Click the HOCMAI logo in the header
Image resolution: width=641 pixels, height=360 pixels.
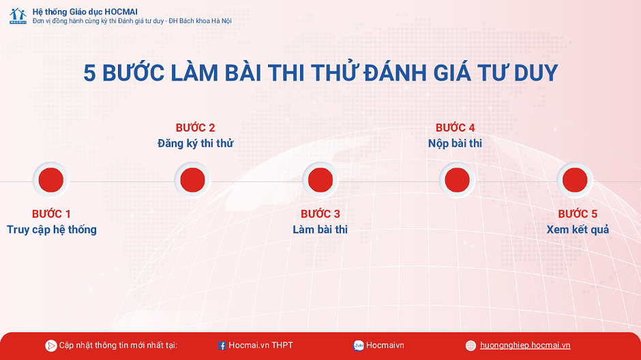[18, 16]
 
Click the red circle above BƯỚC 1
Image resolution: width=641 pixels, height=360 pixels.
[50, 180]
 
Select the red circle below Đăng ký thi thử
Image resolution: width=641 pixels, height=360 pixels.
[192, 180]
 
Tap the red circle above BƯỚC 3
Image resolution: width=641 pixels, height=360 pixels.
[320, 180]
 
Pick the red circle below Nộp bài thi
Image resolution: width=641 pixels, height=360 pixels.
[457, 180]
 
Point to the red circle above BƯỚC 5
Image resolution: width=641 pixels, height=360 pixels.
[575, 180]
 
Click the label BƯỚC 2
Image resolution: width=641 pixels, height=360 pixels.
[196, 128]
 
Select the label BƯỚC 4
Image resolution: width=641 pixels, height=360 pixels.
[455, 128]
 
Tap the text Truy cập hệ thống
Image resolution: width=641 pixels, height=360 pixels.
[52, 230]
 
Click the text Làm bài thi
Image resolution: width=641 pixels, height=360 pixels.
[320, 230]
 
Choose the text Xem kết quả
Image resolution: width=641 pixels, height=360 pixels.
[578, 230]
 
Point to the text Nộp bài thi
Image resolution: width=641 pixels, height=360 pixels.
[455, 143]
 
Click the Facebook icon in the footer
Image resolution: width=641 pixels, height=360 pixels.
[221, 346]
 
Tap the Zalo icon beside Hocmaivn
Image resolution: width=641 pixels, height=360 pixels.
[359, 346]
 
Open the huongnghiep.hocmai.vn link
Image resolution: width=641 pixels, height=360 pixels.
[525, 345]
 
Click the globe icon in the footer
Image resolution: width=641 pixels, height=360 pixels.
[471, 346]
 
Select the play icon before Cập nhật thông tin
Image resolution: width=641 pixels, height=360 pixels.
[50, 346]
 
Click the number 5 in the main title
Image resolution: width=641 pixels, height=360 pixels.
[89, 73]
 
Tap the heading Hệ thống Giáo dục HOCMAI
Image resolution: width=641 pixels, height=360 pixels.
[85, 12]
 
